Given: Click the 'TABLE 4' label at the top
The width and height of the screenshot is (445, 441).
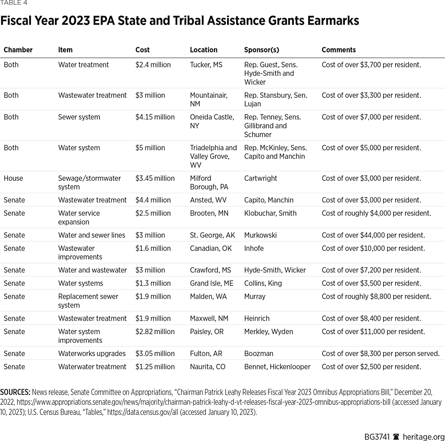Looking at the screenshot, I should point(14,3).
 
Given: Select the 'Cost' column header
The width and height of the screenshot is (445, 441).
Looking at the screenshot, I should point(142,50).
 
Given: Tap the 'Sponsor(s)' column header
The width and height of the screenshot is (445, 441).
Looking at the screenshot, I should point(261,50).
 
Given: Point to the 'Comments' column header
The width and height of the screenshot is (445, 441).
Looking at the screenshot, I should point(338,50).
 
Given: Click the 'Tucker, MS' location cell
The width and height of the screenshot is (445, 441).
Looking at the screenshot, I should point(206,65).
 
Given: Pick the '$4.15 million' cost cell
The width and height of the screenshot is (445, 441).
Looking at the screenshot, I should point(155,117).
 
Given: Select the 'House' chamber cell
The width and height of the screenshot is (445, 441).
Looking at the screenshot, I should point(13,178).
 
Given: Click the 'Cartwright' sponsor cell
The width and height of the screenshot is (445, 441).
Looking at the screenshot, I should point(260,178).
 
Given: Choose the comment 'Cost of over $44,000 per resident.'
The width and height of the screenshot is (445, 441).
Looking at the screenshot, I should point(373,235).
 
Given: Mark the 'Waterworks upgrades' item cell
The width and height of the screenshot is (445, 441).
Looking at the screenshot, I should point(92,353).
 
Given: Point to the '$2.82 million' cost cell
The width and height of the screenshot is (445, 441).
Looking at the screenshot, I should point(155,332).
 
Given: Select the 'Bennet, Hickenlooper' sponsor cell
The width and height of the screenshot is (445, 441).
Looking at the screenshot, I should point(277,366).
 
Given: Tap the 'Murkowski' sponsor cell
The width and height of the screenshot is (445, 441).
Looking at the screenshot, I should point(260,235).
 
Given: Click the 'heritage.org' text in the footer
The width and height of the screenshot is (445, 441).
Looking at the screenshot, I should point(424,436).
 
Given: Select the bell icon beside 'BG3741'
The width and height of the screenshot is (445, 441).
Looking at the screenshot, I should point(396,436).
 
